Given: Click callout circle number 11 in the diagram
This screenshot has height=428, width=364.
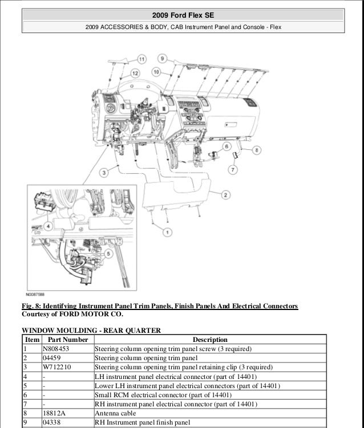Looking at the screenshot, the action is [141, 59].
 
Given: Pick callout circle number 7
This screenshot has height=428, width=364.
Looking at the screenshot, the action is [233, 170].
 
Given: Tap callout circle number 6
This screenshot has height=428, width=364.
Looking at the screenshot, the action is [226, 146].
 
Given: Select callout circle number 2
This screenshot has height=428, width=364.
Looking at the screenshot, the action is [226, 195].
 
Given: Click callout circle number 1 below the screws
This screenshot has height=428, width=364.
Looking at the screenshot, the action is [167, 232].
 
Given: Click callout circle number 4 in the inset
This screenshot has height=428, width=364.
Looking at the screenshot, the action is [48, 226].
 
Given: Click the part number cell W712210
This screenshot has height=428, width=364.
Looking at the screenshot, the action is [55, 367].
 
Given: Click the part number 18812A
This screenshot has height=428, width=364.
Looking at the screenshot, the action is [53, 413].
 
